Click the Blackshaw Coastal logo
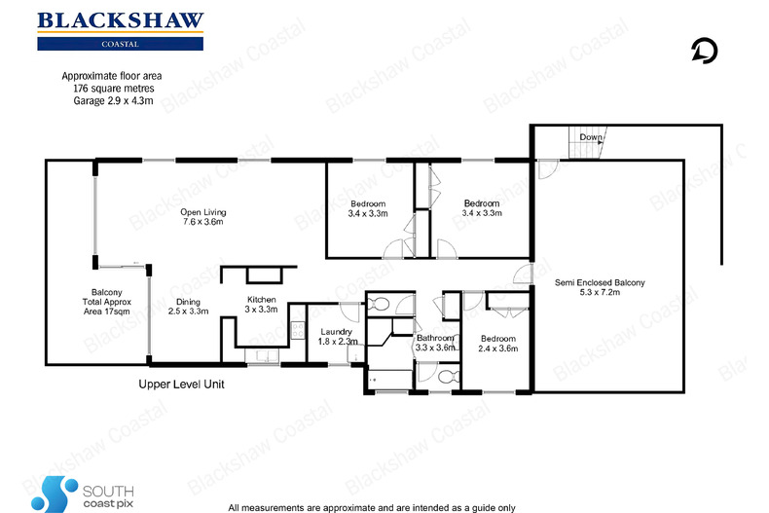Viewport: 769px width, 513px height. (x=120, y=30)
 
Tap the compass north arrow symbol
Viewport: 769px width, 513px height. (x=704, y=50)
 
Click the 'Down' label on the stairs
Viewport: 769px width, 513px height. (x=591, y=138)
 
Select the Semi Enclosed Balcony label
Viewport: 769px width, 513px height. (x=600, y=289)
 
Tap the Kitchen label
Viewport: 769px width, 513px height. (x=262, y=304)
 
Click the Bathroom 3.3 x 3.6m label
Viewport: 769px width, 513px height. (x=435, y=342)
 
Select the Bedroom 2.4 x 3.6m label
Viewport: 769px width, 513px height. (x=497, y=342)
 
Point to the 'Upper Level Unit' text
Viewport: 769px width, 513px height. (x=181, y=385)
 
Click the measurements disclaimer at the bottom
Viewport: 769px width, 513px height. (x=373, y=507)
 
